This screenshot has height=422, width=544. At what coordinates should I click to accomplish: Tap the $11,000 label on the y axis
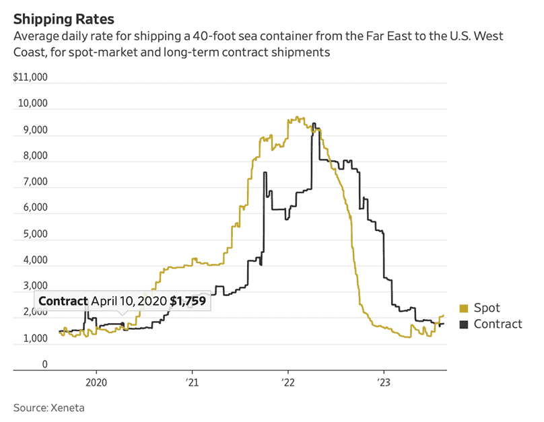[x=30, y=77]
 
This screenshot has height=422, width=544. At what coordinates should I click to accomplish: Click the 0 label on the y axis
[x=44, y=365]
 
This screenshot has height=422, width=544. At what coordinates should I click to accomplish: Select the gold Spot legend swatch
[x=463, y=309]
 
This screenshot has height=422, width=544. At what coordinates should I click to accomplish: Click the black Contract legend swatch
[x=463, y=324]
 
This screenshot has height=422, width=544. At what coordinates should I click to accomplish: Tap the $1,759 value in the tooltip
[x=187, y=302]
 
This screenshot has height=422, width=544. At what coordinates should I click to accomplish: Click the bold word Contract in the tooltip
[x=63, y=302]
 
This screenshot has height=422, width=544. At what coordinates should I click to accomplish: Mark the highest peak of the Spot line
[x=298, y=117]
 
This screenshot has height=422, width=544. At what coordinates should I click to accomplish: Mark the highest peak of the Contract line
[x=313, y=124]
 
